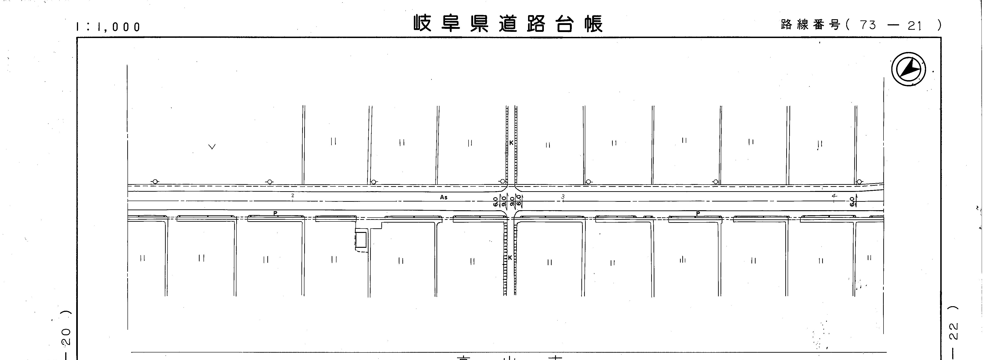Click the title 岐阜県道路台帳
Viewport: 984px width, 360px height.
pos(508,24)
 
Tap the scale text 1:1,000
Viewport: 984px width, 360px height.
pos(108,27)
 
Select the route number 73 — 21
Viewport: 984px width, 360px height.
pos(891,25)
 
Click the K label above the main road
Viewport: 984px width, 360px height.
pos(511,142)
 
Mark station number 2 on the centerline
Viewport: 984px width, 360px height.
pos(293,196)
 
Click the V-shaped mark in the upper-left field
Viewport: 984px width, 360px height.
pos(212,146)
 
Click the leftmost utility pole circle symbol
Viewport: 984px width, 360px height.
pos(155,182)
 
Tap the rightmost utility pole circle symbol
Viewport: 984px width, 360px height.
pos(859,182)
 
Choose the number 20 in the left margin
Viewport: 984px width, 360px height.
pos(66,337)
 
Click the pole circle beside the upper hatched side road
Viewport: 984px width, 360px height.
pos(502,181)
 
